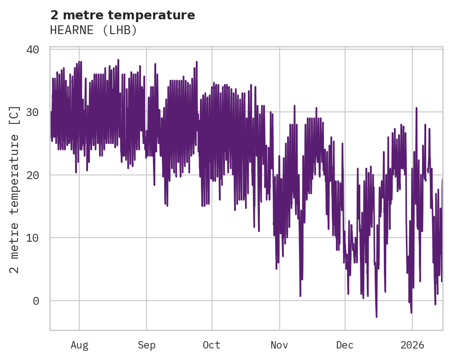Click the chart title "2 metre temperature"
pos(123,15)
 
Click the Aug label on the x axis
pos(79,345)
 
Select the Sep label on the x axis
pos(147,345)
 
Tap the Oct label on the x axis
pos(212,345)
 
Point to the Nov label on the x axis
pos(279,345)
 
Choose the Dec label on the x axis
pos(345,345)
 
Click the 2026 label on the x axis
pos(412,345)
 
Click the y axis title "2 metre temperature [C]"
pos(15,189)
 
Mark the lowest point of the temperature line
pos(376,317)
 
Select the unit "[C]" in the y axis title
pos(15,116)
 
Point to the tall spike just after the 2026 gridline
pos(417,108)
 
